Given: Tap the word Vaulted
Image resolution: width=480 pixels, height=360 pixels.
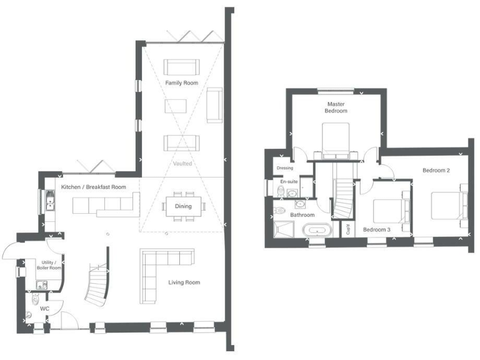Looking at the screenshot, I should pyautogui.click(x=182, y=164).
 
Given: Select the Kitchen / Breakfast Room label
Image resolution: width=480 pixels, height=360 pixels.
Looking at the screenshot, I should pyautogui.click(x=94, y=187).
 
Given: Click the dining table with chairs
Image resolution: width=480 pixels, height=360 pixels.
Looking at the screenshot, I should pyautogui.click(x=183, y=206).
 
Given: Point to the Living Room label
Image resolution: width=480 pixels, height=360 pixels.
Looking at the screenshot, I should pyautogui.click(x=184, y=282).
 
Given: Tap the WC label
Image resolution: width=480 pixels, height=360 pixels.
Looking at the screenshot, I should pyautogui.click(x=45, y=309).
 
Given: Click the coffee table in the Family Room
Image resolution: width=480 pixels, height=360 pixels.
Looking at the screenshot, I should pyautogui.click(x=176, y=106).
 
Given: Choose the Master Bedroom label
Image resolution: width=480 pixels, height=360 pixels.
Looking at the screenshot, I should pyautogui.click(x=336, y=107).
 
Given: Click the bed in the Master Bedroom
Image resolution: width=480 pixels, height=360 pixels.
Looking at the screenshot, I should pyautogui.click(x=336, y=139).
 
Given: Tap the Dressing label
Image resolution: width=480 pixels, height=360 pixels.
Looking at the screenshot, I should pyautogui.click(x=284, y=168).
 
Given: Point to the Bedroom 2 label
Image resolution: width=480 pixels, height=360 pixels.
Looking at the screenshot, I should pyautogui.click(x=436, y=170).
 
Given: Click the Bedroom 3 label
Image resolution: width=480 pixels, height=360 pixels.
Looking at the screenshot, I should pyautogui.click(x=377, y=229).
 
